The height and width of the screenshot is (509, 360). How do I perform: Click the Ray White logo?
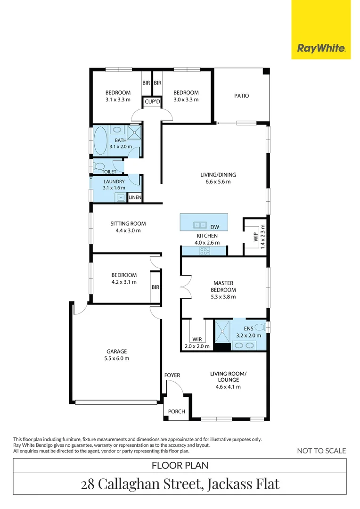pos(321,49)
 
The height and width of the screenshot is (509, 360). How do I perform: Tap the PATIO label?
pos(242,96)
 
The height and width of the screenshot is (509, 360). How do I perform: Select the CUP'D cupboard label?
pos(152,102)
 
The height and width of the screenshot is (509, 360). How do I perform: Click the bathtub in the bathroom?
pos(100,140)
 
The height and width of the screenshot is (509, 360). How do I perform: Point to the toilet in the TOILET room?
pos(98,166)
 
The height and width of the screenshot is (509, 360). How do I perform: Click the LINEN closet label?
pos(135,197)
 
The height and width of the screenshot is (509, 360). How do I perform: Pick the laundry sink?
pos(121,197)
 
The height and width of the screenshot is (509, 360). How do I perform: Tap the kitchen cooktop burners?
pos(205,251)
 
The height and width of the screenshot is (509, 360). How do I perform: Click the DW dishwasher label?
pos(214,227)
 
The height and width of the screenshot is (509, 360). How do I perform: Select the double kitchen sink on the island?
pos(200,225)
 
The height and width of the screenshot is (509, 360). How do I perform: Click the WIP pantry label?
pos(256,237)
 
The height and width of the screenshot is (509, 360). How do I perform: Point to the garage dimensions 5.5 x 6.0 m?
pos(116,358)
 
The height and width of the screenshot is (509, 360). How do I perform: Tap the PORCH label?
pos(177,411)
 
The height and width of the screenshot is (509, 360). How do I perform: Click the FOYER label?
pos(172,375)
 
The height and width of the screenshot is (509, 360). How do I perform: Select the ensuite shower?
pos(222,331)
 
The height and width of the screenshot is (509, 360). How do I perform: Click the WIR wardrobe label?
pos(197,339)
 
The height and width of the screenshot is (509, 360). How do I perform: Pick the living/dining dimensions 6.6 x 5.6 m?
pos(218,182)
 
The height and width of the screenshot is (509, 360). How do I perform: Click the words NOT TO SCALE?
pos(321,451)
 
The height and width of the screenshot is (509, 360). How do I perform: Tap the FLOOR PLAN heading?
pos(180,465)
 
